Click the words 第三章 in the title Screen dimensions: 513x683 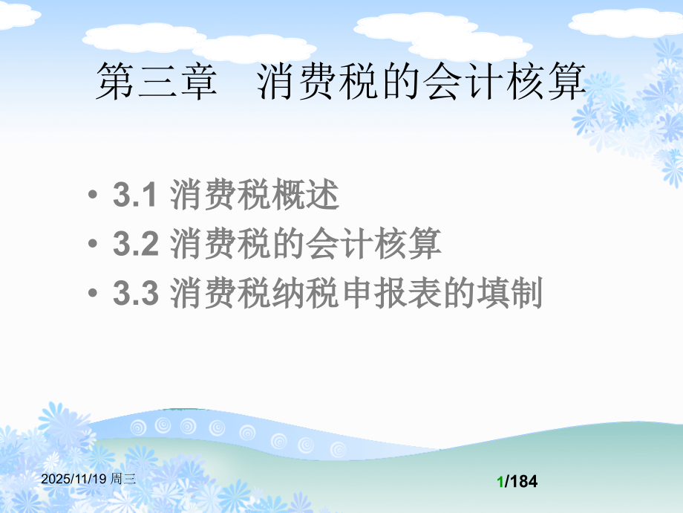coord(156,81)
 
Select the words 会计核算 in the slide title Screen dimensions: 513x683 coord(504,81)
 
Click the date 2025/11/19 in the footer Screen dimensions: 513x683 coord(74,480)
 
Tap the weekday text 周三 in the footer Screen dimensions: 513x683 coord(123,480)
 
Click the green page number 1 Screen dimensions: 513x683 coord(501,482)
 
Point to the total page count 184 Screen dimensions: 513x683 coord(523,482)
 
